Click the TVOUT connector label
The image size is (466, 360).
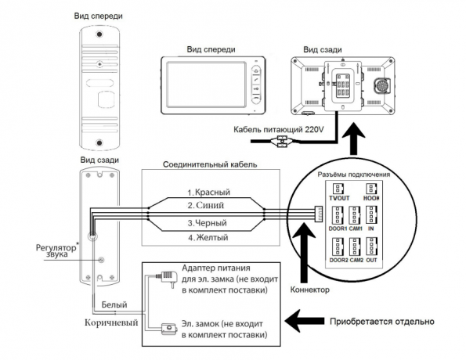pyautogui.click(x=339, y=198)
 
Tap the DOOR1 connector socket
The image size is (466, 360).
pyautogui.click(x=338, y=215)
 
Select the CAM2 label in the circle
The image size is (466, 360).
pyautogui.click(x=356, y=260)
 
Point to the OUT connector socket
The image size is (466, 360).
pyautogui.click(x=371, y=247)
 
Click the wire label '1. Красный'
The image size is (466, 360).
pyautogui.click(x=208, y=193)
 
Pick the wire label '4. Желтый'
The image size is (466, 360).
pyautogui.click(x=208, y=238)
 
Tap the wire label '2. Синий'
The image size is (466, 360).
pyautogui.click(x=206, y=205)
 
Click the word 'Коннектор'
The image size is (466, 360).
pyautogui.click(x=309, y=290)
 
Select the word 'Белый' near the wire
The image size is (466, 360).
pyautogui.click(x=114, y=304)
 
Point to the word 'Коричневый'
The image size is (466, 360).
pyautogui.click(x=111, y=322)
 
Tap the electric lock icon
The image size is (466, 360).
pyautogui.click(x=169, y=329)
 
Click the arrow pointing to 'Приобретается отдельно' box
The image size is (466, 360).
pyautogui.click(x=305, y=321)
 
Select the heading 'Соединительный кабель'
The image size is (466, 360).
pyautogui.click(x=210, y=164)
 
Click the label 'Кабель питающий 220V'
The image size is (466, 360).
pyautogui.click(x=279, y=129)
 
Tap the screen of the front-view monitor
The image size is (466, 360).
pyautogui.click(x=206, y=85)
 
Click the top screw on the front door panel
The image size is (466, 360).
pyautogui.click(x=99, y=34)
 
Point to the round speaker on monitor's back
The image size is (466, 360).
pyautogui.click(x=381, y=86)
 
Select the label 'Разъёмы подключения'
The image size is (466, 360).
pyautogui.click(x=354, y=175)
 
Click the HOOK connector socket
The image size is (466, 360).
pyautogui.click(x=371, y=189)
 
